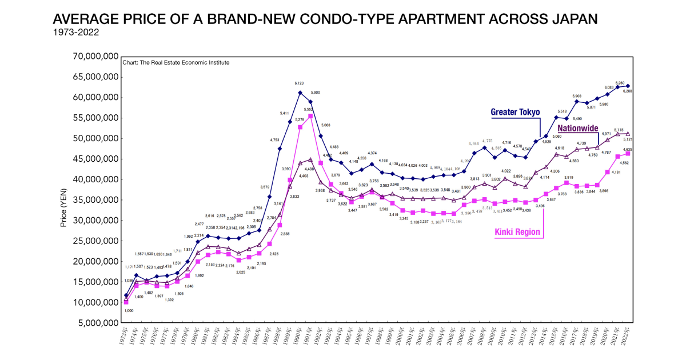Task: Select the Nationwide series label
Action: [x=579, y=129]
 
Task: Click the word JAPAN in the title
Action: [x=568, y=19]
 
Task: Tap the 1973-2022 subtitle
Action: [x=75, y=32]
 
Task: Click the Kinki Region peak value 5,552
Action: [x=310, y=109]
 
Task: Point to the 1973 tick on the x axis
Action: [x=125, y=337]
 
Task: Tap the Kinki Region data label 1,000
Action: [x=129, y=310]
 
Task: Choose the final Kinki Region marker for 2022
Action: [x=628, y=154]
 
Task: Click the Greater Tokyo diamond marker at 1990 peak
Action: [x=300, y=93]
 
